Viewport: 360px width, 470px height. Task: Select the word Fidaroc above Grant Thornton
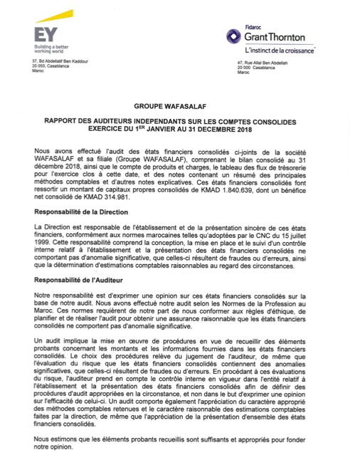[x=253, y=26]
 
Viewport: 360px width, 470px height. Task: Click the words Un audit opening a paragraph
[x=47, y=341]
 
